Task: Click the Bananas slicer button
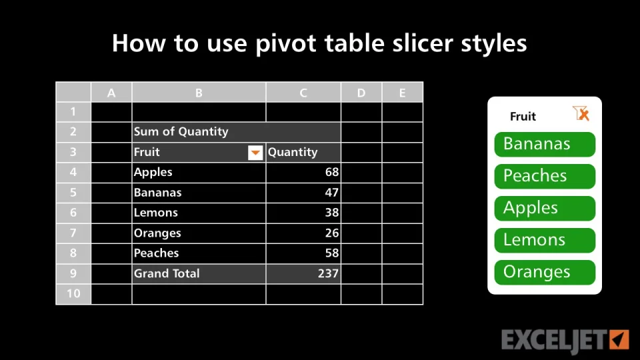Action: pos(545,144)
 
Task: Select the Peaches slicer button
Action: pos(545,176)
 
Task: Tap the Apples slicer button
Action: pos(545,208)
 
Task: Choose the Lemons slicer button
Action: pos(545,240)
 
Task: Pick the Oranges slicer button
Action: pos(545,272)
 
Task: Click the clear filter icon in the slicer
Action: pos(581,113)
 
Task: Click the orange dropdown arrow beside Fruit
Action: pos(255,153)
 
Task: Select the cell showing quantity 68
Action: pos(303,172)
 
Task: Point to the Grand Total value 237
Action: pos(303,273)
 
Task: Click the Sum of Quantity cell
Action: pos(236,132)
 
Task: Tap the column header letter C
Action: pos(303,93)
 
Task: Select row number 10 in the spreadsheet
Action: pos(73,294)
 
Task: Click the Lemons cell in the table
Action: pos(199,213)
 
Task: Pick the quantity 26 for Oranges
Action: pos(303,233)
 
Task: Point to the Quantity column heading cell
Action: pos(303,152)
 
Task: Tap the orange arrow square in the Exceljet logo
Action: pos(619,339)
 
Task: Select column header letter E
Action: pos(403,93)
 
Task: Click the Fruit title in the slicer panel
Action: pos(523,117)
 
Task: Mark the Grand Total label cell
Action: pos(199,273)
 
